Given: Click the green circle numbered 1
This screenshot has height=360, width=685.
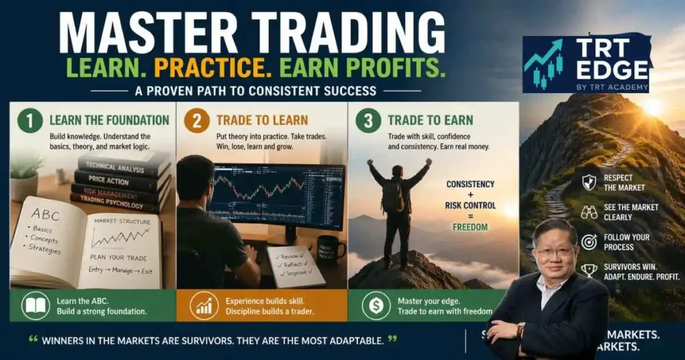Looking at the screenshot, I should (x=29, y=121).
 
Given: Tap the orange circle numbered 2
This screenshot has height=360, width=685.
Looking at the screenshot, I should (x=197, y=121).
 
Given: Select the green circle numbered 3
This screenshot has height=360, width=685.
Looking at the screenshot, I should (x=369, y=121).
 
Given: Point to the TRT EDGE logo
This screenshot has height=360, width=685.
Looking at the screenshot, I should (x=587, y=64).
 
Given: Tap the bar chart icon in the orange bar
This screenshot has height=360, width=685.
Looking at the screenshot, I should (x=204, y=306).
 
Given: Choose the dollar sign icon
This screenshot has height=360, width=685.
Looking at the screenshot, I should (x=376, y=306).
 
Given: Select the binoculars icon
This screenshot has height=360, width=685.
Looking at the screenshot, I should (x=589, y=212).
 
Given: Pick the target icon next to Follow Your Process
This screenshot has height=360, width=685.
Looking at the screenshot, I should (x=589, y=242).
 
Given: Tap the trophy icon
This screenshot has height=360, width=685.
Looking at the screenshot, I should (x=589, y=271).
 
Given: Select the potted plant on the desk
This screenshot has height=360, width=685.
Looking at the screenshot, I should (x=26, y=175).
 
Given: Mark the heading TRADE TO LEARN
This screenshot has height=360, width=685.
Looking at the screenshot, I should (x=262, y=120).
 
